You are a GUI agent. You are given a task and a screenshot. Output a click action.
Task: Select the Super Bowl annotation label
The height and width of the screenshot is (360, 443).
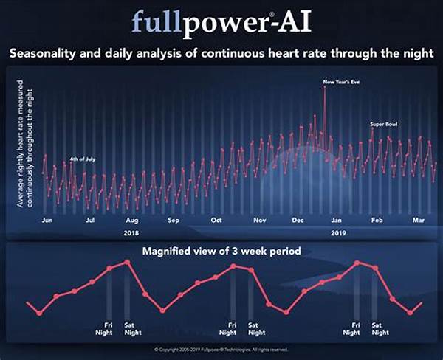384,124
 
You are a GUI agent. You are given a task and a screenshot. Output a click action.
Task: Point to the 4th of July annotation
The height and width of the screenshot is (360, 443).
83,159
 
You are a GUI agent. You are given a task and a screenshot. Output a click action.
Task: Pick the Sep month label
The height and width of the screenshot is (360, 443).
174,220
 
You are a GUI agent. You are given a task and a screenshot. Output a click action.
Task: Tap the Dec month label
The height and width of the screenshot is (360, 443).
300,220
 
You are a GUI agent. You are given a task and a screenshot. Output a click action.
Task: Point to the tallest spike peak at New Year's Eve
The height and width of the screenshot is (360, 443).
324,87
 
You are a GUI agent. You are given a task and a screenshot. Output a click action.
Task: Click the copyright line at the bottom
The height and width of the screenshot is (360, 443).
221,350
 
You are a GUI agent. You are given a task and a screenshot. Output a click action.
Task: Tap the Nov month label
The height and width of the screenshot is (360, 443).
259,220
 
